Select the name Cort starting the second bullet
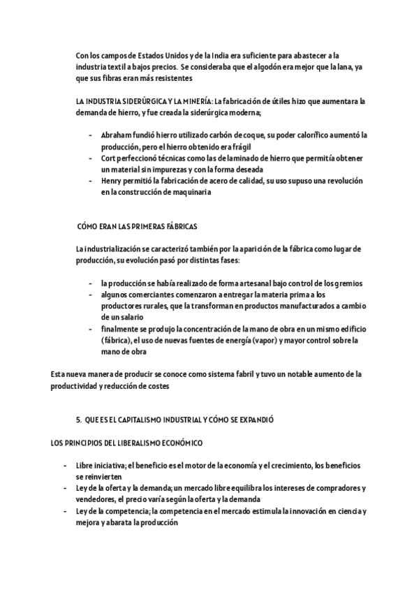(x=108, y=158)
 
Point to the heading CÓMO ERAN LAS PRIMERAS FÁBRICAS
(x=138, y=227)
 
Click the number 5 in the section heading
(x=78, y=421)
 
